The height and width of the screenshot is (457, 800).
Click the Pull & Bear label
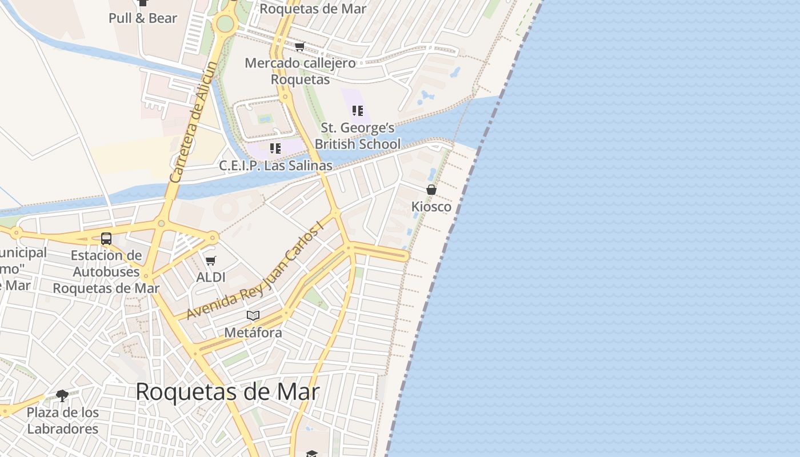[143, 18]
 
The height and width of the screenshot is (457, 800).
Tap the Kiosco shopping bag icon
[431, 190]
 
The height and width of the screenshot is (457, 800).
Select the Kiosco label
[431, 207]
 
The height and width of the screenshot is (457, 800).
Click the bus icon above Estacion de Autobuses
[106, 239]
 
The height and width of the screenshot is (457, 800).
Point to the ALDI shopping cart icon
[211, 261]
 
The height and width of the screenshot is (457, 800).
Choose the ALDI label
[211, 278]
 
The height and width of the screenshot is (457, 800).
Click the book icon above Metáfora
[253, 315]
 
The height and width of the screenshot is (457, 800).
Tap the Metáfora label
[253, 332]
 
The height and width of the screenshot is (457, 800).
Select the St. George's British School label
[358, 136]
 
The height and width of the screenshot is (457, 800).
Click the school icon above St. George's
[358, 111]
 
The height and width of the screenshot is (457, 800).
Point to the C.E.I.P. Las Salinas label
[276, 166]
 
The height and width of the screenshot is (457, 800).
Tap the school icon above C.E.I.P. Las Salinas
[275, 149]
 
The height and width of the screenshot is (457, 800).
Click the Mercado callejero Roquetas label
[300, 71]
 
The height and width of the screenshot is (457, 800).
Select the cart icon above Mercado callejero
[299, 46]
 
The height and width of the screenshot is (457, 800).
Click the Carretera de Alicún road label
[194, 122]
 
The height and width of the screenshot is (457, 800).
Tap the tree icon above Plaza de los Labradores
[62, 395]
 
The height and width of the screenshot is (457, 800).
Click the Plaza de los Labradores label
[63, 420]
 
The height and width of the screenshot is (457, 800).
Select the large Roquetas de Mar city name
[227, 392]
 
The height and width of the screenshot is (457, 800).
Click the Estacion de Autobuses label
[106, 272]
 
